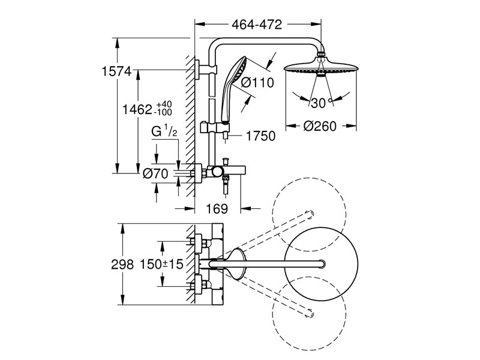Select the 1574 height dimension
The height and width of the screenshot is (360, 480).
tap(116, 71)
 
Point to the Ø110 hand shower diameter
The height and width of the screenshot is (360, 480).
tap(257, 83)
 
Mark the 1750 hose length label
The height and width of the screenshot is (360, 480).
tap(259, 136)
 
